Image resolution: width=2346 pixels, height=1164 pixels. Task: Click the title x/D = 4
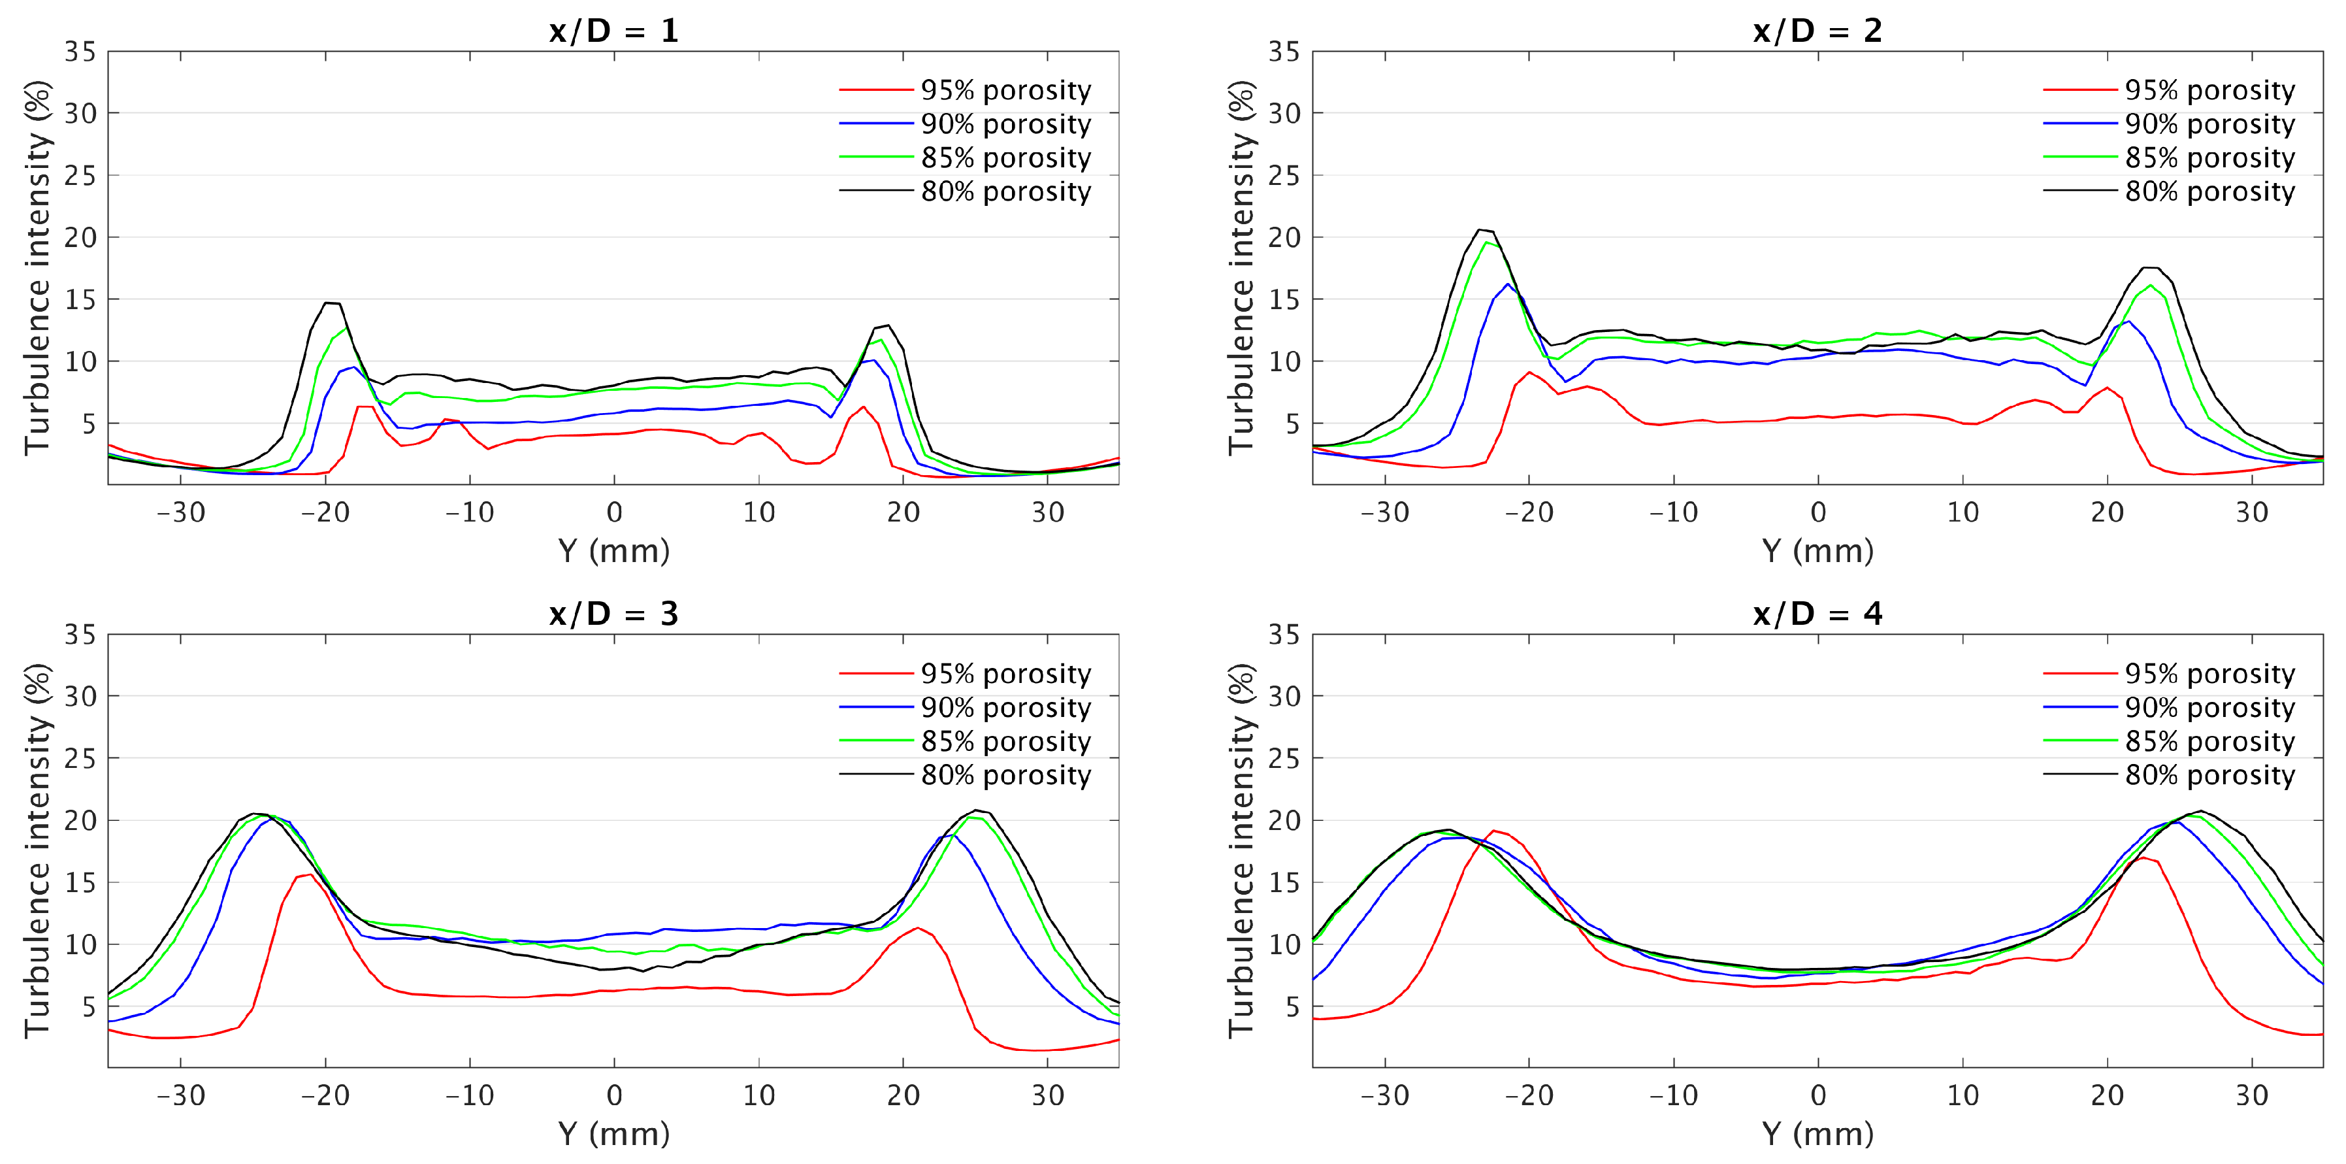point(1817,614)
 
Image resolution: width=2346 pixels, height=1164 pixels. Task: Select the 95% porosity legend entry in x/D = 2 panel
point(2209,90)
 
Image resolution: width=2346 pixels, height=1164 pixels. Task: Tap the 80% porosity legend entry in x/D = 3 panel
point(1005,775)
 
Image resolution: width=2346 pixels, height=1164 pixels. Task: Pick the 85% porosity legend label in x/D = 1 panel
point(1005,158)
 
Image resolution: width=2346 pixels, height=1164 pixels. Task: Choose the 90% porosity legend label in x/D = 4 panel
point(2209,708)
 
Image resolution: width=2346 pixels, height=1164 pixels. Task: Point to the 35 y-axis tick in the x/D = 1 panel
point(80,52)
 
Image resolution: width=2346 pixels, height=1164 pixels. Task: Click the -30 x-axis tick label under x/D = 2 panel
point(1384,513)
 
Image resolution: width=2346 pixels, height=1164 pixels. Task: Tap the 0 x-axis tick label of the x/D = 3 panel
point(614,1095)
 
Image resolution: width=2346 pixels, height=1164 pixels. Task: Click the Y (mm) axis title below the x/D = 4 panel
point(1817,1134)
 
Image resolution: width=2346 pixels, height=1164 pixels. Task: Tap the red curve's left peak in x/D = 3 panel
point(310,875)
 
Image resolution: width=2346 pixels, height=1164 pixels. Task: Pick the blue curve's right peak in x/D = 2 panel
point(2127,322)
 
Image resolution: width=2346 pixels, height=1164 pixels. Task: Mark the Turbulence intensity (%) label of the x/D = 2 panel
point(1241,268)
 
